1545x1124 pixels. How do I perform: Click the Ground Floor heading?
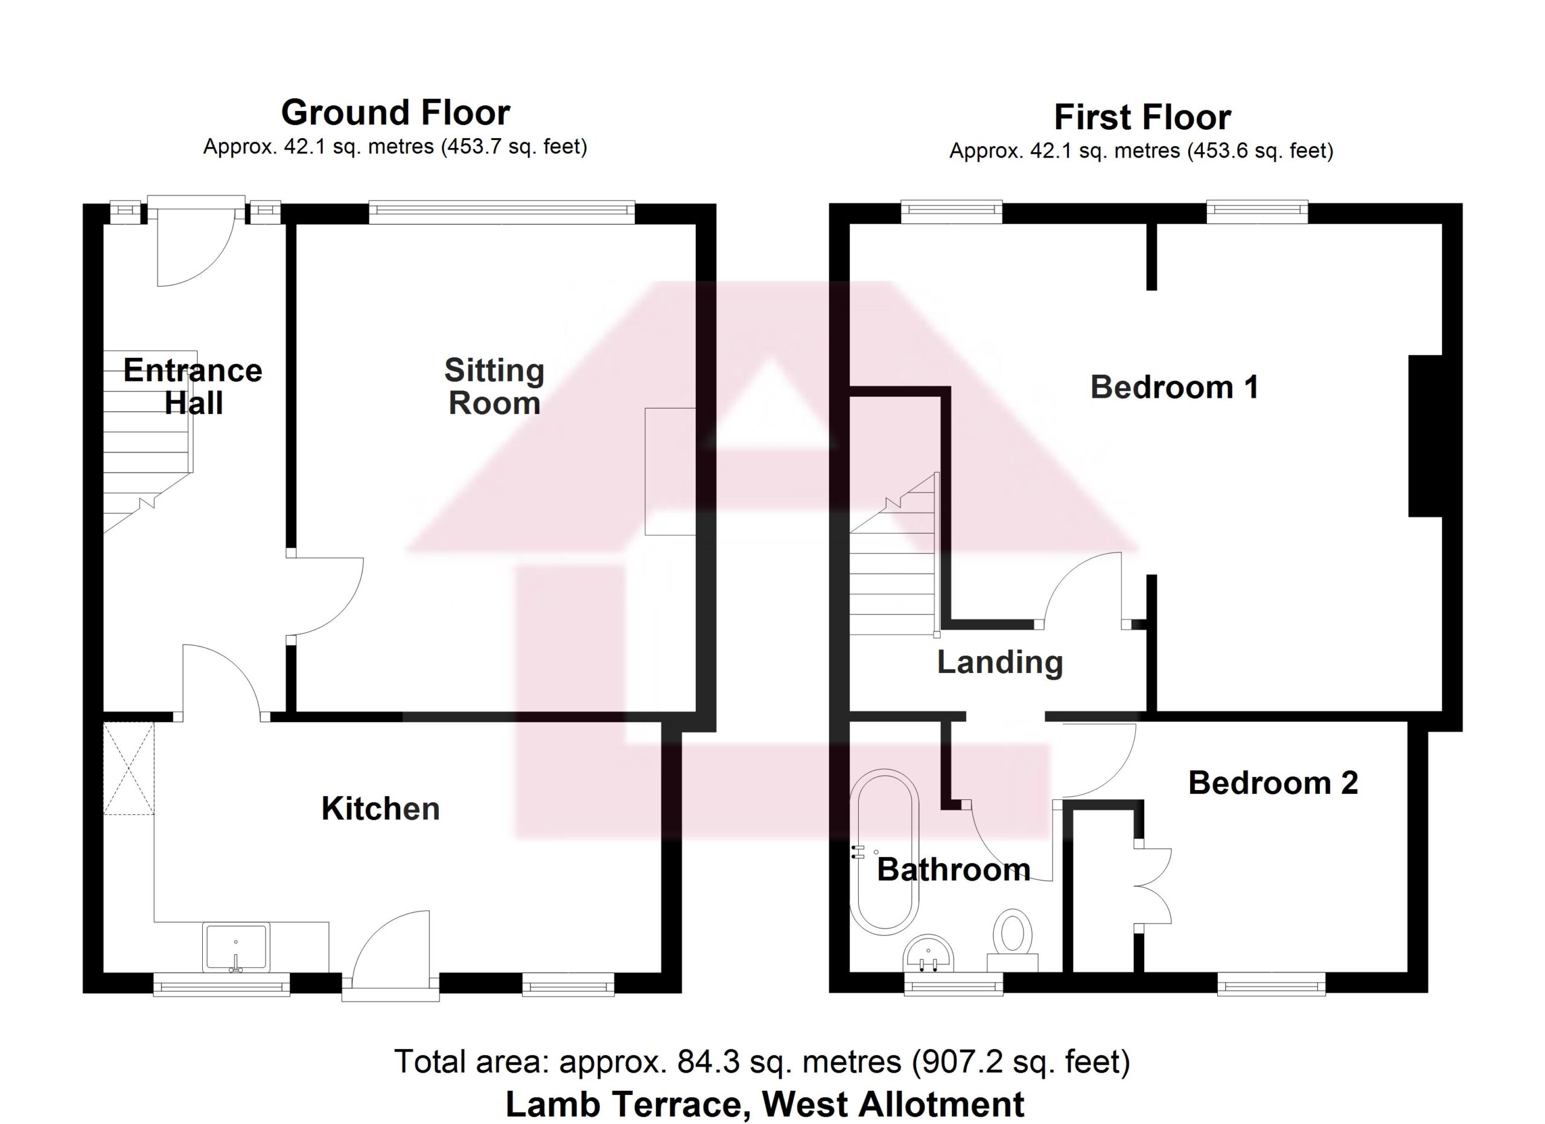395,112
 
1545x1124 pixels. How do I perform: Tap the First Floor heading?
1142,117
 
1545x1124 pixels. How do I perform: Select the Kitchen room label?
380,809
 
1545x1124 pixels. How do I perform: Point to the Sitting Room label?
494,386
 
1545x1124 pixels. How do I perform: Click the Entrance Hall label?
193,386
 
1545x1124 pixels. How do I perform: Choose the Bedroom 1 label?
1174,387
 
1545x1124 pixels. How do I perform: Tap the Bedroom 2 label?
1273,783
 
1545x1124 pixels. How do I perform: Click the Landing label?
999,663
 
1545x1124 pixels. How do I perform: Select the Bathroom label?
953,870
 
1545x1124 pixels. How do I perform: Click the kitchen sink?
236,948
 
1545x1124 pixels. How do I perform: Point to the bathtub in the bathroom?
884,852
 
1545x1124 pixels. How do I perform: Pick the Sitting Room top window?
502,212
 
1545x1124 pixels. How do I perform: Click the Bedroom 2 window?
1271,984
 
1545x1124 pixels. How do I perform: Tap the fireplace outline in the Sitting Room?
671,471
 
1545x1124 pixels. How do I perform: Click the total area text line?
762,1061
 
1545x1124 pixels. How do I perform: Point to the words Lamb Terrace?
623,1104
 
